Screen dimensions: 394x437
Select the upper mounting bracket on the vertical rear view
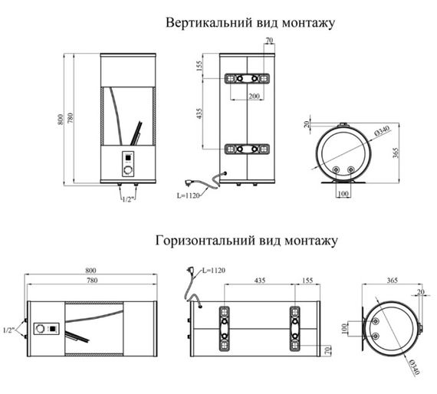[247, 79]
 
